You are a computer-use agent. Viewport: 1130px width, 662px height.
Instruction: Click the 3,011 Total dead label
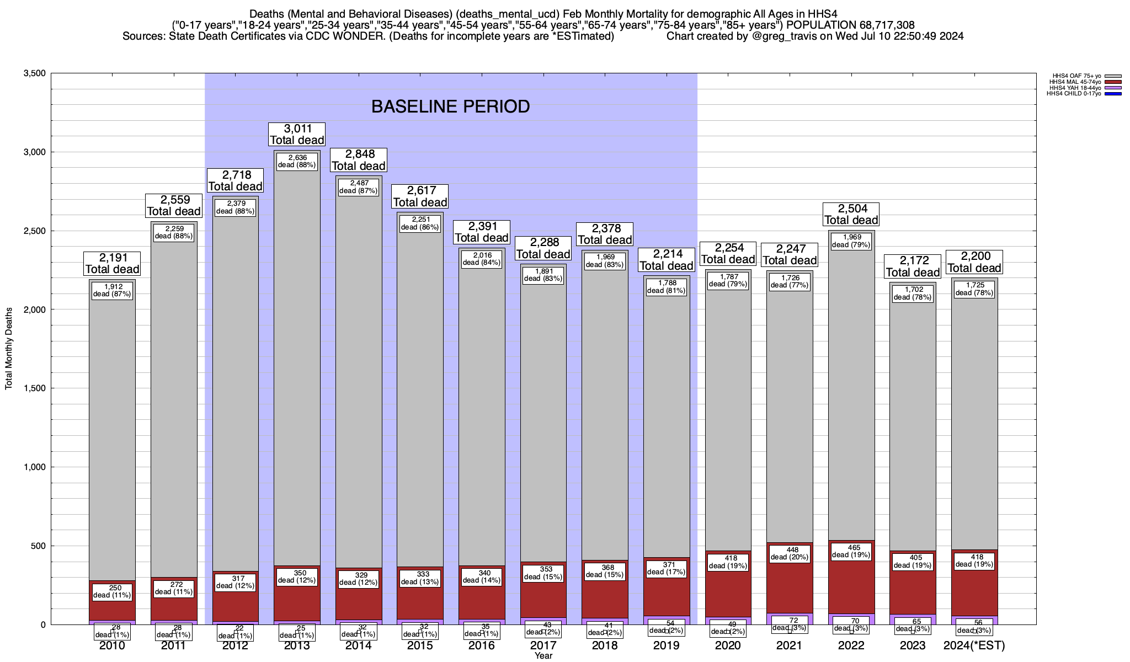coord(297,134)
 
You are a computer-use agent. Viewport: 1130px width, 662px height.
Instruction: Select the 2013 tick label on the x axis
coord(297,645)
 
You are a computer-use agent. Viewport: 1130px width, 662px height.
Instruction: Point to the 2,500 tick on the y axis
coord(35,231)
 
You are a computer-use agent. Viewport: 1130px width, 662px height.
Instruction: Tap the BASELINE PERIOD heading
coord(450,106)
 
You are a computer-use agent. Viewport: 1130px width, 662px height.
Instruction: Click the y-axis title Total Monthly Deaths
coord(9,349)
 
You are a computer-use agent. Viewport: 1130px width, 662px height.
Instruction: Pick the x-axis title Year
coord(543,656)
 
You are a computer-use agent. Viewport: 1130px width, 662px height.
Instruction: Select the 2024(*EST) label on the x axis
coord(974,645)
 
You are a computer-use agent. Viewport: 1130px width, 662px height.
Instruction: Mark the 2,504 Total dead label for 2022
coord(851,214)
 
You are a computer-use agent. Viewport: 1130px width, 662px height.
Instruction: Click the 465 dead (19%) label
coord(854,552)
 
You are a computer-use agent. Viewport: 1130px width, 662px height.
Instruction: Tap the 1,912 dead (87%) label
coord(112,290)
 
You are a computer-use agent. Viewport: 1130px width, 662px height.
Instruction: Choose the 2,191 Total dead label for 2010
coord(112,263)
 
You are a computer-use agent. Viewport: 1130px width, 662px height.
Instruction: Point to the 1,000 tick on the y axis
coord(35,467)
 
